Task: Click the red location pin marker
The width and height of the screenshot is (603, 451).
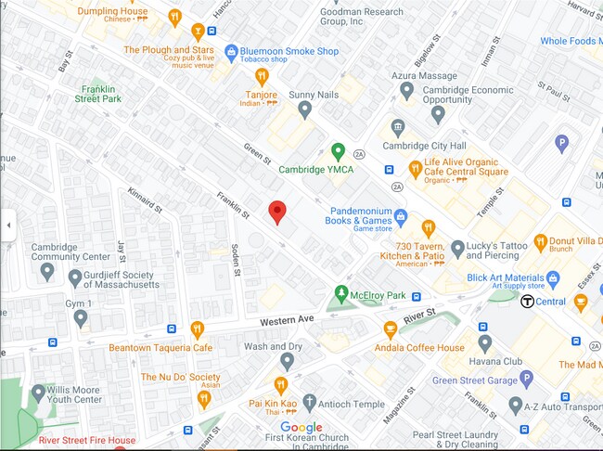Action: [276, 212]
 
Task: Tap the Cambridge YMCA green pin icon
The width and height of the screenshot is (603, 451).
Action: [339, 150]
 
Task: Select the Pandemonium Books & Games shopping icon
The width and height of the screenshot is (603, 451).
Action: [401, 217]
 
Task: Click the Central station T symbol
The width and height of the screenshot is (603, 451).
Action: [527, 301]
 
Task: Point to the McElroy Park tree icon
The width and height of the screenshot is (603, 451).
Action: [340, 293]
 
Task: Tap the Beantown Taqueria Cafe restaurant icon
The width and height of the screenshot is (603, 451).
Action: [197, 329]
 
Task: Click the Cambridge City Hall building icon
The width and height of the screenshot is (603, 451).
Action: [398, 127]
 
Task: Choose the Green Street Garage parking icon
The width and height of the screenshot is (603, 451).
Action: [526, 378]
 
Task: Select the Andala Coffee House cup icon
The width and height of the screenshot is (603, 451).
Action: [391, 329]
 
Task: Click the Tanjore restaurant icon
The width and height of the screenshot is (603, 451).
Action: [262, 77]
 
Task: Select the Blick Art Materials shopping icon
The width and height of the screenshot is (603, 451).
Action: [553, 277]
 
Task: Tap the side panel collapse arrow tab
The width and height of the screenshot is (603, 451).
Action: [8, 225]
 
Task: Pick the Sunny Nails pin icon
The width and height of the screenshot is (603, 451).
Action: [304, 110]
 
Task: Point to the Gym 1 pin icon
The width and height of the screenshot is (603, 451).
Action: [81, 318]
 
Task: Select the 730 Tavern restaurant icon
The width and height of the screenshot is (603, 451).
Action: [428, 227]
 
